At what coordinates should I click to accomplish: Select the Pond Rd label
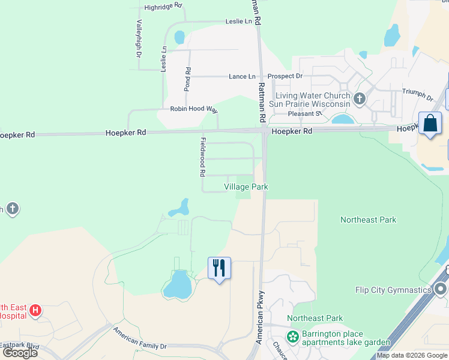(188, 79)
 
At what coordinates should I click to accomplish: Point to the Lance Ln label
(242, 76)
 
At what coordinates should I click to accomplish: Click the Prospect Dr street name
(285, 76)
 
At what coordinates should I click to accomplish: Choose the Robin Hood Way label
(194, 109)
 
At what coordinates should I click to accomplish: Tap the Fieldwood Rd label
(202, 156)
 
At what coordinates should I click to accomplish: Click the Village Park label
(246, 187)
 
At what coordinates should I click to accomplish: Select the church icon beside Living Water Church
(360, 98)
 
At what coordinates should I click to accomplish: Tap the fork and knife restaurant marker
(219, 267)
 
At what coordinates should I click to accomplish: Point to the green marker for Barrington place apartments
(293, 337)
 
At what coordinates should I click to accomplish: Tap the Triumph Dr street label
(417, 95)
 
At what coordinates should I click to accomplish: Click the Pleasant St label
(305, 113)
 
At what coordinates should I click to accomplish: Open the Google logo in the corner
(20, 353)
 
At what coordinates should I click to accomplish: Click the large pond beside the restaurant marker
(178, 284)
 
